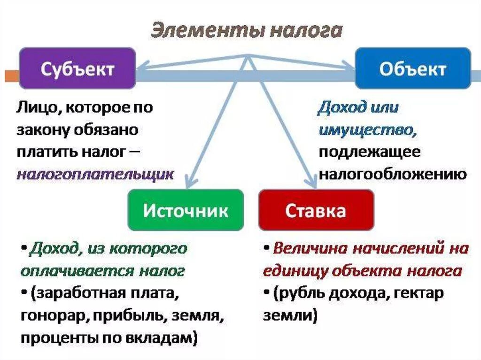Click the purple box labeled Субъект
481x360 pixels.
pyautogui.click(x=78, y=68)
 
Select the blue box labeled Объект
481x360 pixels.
pyautogui.click(x=413, y=68)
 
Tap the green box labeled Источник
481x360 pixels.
pyautogui.click(x=186, y=210)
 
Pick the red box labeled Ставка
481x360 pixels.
pyautogui.click(x=316, y=210)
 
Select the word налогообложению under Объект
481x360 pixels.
pyautogui.click(x=393, y=175)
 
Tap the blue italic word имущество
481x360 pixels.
pyautogui.click(x=367, y=130)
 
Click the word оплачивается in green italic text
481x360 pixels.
pyautogui.click(x=78, y=271)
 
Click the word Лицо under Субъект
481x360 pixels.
pyautogui.click(x=37, y=107)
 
